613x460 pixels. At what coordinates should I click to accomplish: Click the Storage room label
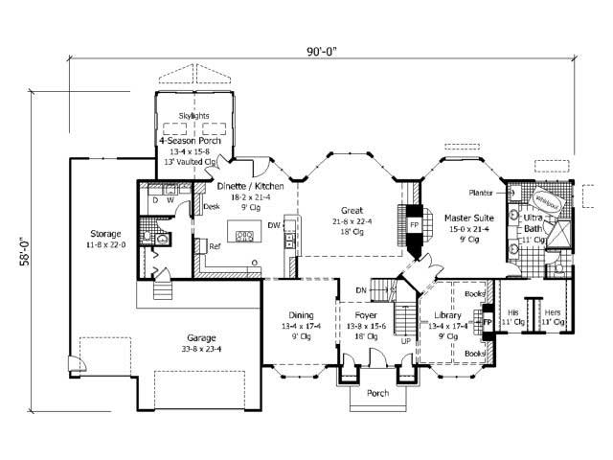tap(104, 233)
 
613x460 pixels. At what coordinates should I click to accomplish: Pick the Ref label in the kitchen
tap(216, 246)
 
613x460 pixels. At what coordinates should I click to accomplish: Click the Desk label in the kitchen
tap(213, 206)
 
